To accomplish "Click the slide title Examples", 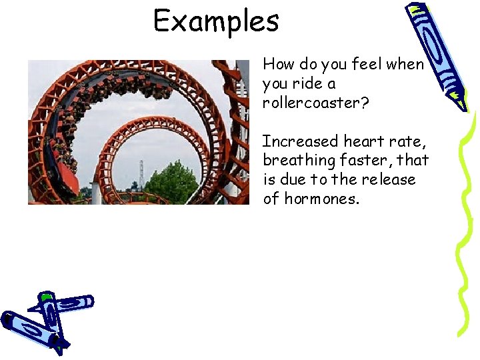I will (216, 21).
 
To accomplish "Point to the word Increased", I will (300, 141).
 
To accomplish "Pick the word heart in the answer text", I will (365, 141).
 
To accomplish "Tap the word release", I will (389, 180).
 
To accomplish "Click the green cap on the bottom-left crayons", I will (46, 296).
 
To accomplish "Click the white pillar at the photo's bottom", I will (96, 193).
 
